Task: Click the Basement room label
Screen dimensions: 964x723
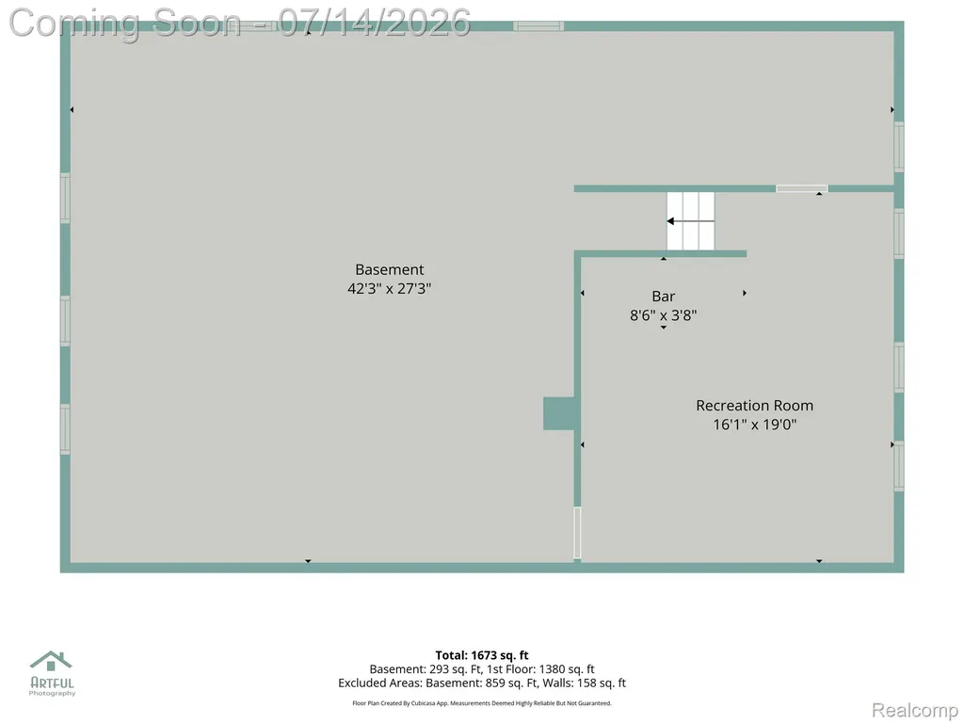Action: pyautogui.click(x=389, y=269)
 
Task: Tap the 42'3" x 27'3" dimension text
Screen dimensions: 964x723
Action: pyautogui.click(x=389, y=288)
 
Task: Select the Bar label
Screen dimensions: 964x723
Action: pyautogui.click(x=664, y=297)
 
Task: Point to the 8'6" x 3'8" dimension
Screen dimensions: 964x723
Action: pyautogui.click(x=664, y=315)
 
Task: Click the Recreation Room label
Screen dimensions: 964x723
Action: pyautogui.click(x=754, y=406)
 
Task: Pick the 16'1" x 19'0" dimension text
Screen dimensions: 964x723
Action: pyautogui.click(x=754, y=425)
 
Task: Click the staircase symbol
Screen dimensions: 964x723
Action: pyautogui.click(x=691, y=221)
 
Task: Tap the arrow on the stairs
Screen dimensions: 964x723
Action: pyautogui.click(x=691, y=220)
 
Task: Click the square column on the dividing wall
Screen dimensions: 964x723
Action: pyautogui.click(x=559, y=414)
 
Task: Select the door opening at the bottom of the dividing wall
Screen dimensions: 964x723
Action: pyautogui.click(x=577, y=533)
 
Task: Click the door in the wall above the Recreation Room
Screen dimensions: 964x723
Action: pyautogui.click(x=802, y=188)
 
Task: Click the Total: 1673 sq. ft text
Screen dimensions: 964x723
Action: pyautogui.click(x=482, y=655)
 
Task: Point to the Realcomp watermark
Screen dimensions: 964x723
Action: pyautogui.click(x=914, y=710)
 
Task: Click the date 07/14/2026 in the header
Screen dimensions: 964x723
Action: pyautogui.click(x=375, y=23)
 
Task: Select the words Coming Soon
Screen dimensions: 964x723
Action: pyautogui.click(x=125, y=23)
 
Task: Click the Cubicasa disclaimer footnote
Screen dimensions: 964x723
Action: pyautogui.click(x=482, y=703)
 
